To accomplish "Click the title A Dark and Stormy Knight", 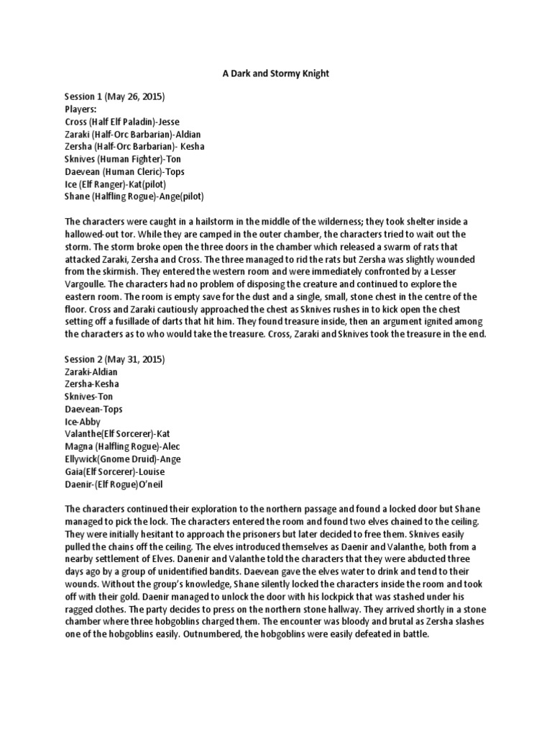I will click(x=276, y=73).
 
